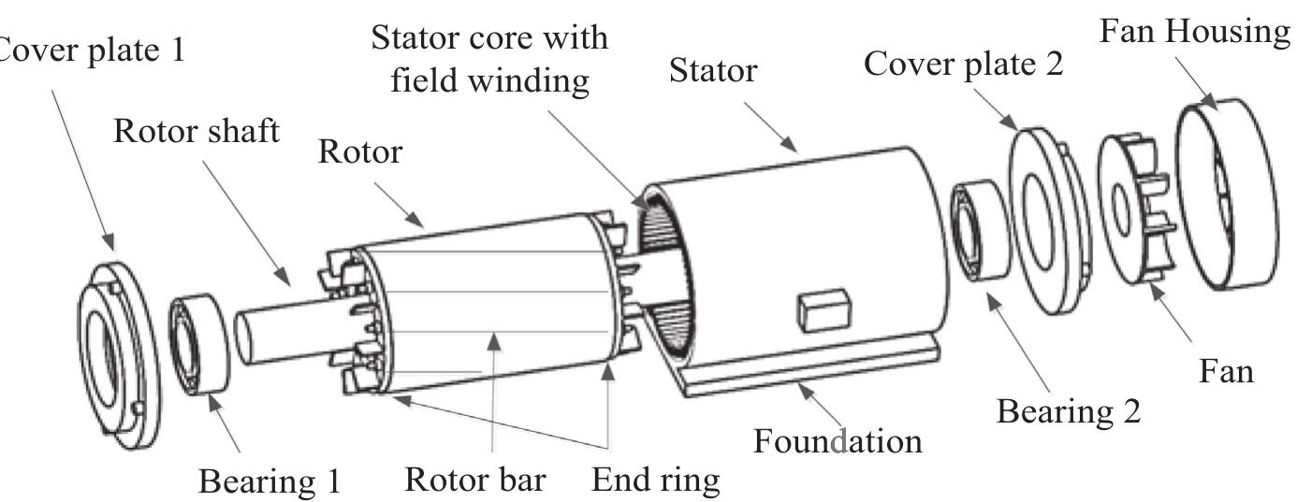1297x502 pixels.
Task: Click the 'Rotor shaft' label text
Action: pyautogui.click(x=196, y=132)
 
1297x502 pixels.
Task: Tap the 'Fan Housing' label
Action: pyautogui.click(x=1193, y=32)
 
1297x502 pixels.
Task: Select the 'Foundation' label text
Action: pyautogui.click(x=838, y=438)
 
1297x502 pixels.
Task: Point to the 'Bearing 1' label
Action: pyautogui.click(x=270, y=480)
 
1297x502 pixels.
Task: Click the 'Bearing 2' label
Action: pyautogui.click(x=1068, y=410)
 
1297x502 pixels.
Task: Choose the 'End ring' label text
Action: pyautogui.click(x=657, y=480)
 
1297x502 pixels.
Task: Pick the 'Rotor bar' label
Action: pyautogui.click(x=474, y=480)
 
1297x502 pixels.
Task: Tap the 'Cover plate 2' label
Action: pyautogui.click(x=963, y=65)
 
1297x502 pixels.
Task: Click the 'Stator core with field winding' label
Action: pyautogui.click(x=489, y=59)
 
